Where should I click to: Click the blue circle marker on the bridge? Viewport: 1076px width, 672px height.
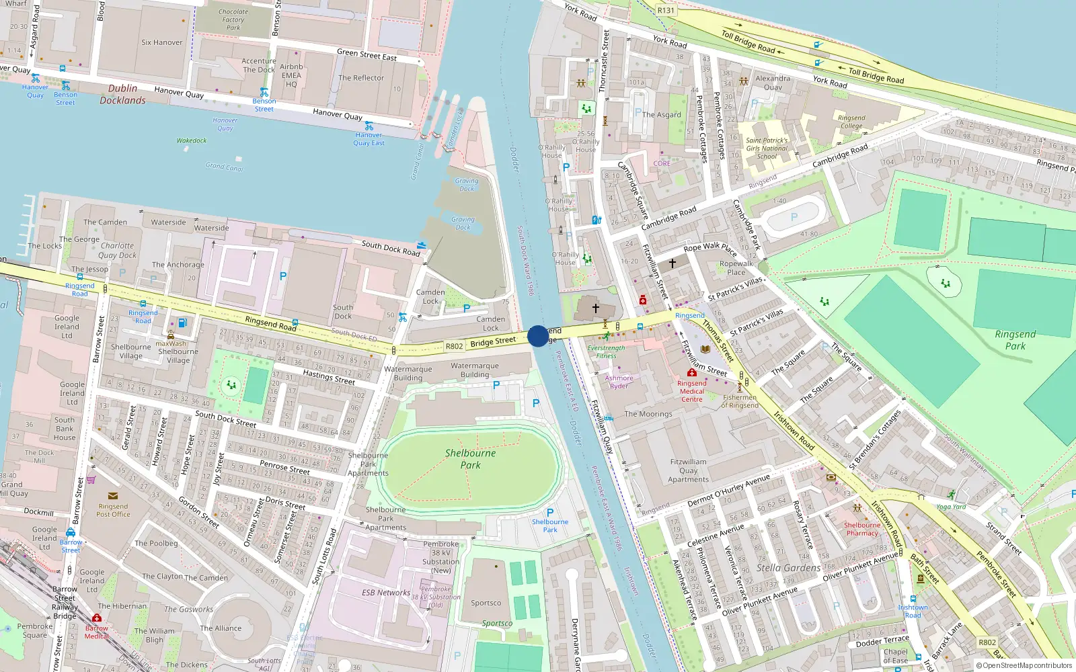coord(538,336)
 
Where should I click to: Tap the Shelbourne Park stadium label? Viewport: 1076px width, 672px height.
coord(470,459)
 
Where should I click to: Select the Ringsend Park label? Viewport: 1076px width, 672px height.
coord(1015,340)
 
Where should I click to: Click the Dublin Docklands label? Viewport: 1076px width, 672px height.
coord(122,94)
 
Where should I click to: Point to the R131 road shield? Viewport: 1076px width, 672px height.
coord(666,10)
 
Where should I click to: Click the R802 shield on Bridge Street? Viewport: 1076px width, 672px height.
coord(455,346)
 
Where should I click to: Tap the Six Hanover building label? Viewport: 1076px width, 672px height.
coord(161,42)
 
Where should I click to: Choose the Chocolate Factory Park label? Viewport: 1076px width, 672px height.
coord(233,19)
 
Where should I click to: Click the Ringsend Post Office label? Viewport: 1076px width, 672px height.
coord(113,510)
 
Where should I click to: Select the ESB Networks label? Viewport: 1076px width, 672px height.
coord(385,593)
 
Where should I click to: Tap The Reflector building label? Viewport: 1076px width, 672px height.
coord(361,78)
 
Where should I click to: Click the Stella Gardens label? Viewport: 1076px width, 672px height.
coord(788,568)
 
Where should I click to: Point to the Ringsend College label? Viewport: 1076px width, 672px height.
coord(851,122)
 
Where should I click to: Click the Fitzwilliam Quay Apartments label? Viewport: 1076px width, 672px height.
coord(688,470)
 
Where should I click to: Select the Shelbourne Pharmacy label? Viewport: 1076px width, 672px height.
coord(862,529)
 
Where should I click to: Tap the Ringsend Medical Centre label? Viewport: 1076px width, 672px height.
coord(691,391)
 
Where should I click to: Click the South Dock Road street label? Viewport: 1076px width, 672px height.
coord(390,248)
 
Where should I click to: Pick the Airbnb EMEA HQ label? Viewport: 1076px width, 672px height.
coord(291,75)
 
